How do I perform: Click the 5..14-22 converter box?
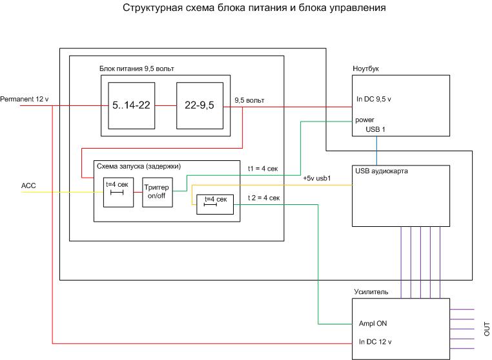coord(131,105)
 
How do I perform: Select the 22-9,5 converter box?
coord(201,105)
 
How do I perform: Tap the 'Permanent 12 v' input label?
coord(25,99)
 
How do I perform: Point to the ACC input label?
coord(28,186)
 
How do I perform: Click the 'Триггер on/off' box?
coord(158,191)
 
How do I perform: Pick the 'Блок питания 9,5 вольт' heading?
coord(136,69)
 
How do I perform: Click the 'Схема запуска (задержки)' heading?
coord(139,166)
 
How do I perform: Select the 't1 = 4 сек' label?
coord(263,169)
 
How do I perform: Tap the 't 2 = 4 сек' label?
coord(263,198)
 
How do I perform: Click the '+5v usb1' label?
coord(316,178)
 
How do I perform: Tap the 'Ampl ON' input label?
coord(373,323)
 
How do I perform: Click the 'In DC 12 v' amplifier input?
coord(376,341)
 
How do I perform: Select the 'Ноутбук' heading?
coord(365,69)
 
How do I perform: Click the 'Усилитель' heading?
coord(371,292)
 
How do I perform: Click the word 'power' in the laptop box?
coord(365,120)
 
